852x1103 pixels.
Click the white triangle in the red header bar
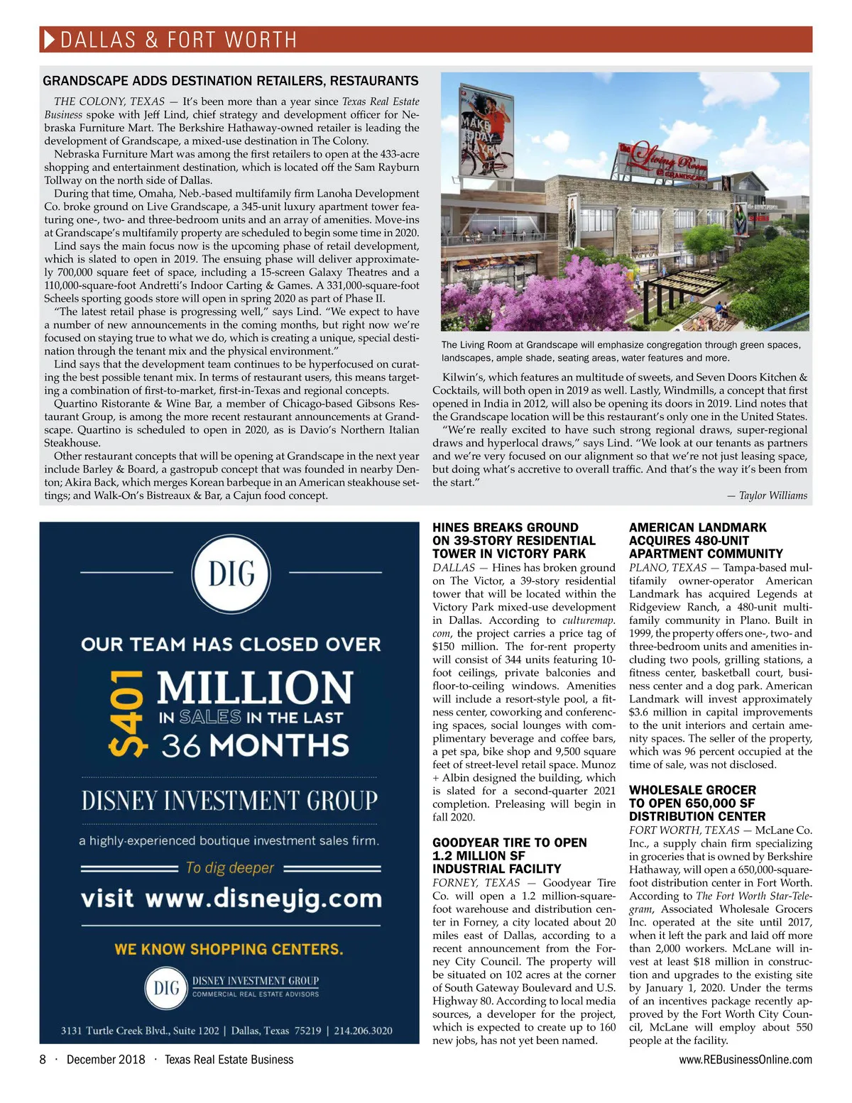tap(50, 40)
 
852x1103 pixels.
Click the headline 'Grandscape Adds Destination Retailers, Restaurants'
tap(231, 81)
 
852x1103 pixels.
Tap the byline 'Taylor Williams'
tap(772, 495)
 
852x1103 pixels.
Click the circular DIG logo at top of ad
tap(231, 573)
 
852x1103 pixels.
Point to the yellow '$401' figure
tap(129, 712)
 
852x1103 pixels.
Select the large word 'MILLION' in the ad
tap(254, 688)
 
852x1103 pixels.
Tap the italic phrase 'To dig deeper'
tap(230, 867)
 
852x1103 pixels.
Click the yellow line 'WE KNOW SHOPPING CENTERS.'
tap(229, 949)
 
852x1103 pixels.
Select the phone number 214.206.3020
tap(363, 1031)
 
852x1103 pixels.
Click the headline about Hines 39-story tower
tap(514, 541)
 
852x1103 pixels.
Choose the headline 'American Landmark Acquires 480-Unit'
tap(706, 541)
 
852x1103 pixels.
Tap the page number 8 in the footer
tap(43, 1060)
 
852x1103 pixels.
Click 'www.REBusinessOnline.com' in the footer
tap(745, 1060)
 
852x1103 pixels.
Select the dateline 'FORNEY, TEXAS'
tap(476, 882)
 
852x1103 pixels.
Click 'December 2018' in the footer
tap(106, 1060)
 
